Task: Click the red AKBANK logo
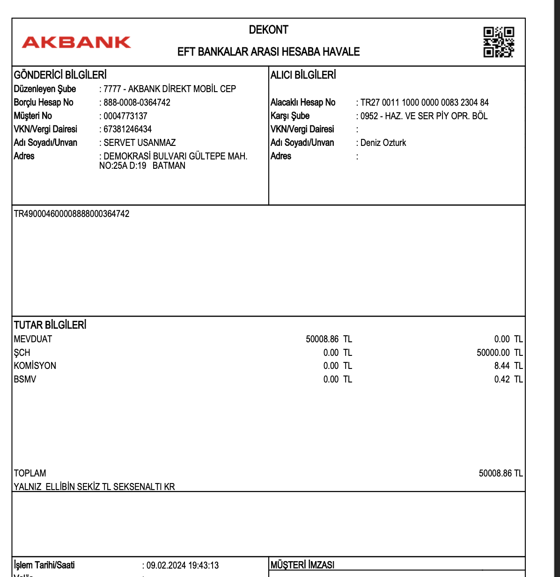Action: point(76,43)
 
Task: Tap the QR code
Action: point(499,42)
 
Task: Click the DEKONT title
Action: point(268,30)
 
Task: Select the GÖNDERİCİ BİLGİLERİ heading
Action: point(60,75)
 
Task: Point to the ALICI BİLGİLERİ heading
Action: point(303,75)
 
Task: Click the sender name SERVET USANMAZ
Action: point(140,143)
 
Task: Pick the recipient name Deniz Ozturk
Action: point(383,143)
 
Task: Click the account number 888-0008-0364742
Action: point(137,102)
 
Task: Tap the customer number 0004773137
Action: point(125,116)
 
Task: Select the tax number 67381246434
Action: point(127,129)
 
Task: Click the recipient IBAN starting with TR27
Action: point(424,102)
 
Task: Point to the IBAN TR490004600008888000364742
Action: point(72,214)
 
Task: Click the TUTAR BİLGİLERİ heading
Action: point(50,325)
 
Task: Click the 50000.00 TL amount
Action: point(499,353)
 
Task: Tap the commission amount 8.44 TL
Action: point(508,366)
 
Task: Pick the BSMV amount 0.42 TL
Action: point(508,379)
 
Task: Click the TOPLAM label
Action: point(30,473)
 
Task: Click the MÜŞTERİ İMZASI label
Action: point(302,565)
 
